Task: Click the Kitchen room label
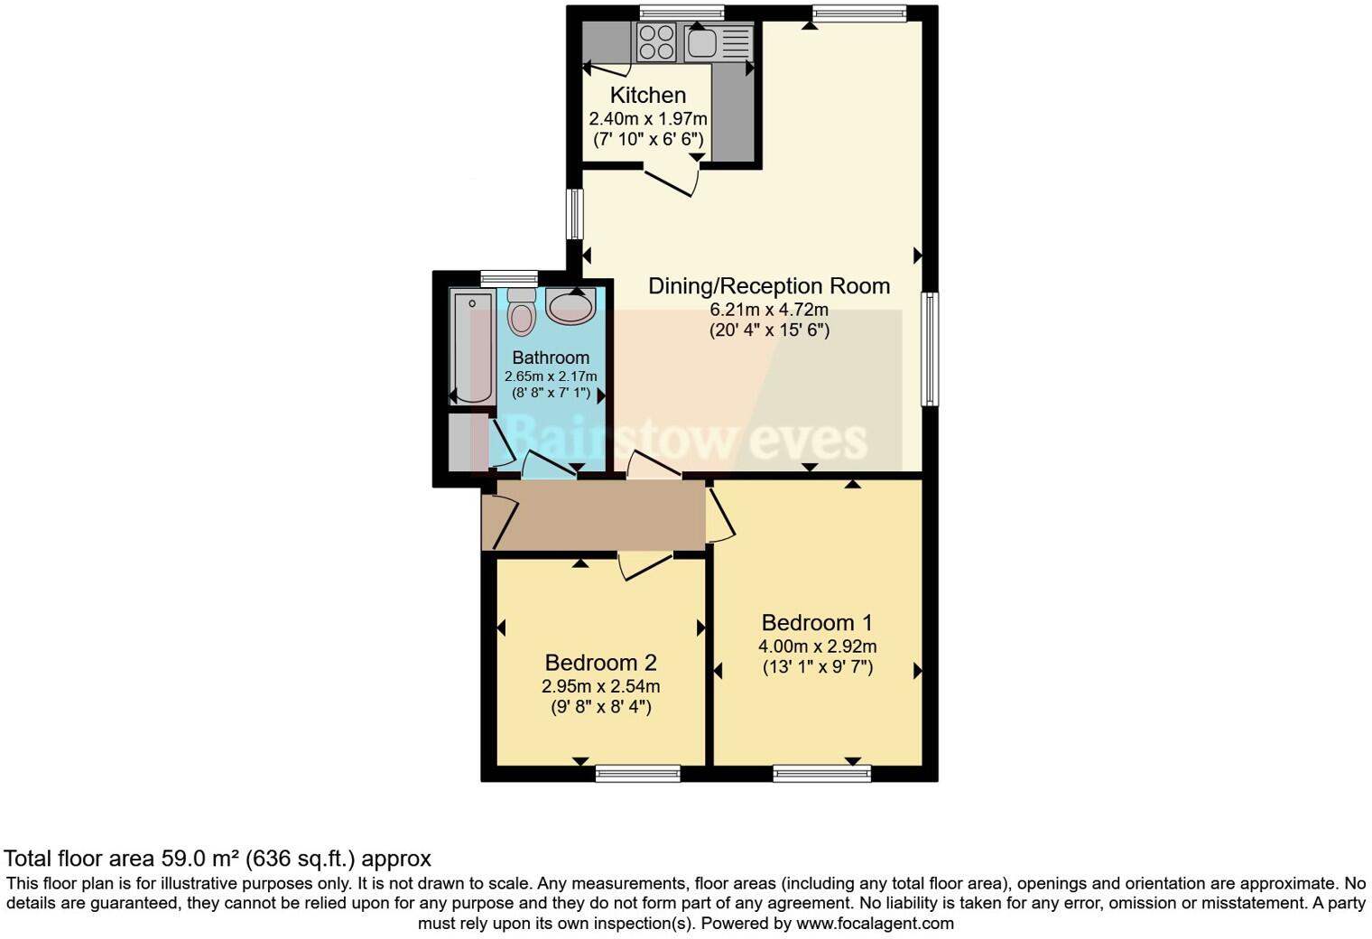click(x=647, y=95)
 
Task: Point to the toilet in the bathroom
click(x=522, y=312)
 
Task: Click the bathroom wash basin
click(x=570, y=307)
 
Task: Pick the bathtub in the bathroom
click(x=471, y=347)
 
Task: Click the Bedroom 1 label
click(x=817, y=622)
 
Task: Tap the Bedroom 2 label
click(x=600, y=662)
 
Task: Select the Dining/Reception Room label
click(x=769, y=286)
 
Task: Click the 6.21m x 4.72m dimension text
click(x=769, y=310)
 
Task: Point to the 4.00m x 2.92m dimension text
click(x=817, y=646)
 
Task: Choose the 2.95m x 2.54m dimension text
click(x=600, y=686)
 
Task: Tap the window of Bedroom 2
click(x=638, y=773)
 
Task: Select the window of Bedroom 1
click(x=822, y=773)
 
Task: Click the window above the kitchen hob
click(x=681, y=13)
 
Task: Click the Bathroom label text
click(x=551, y=358)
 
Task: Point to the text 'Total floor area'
click(x=79, y=858)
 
